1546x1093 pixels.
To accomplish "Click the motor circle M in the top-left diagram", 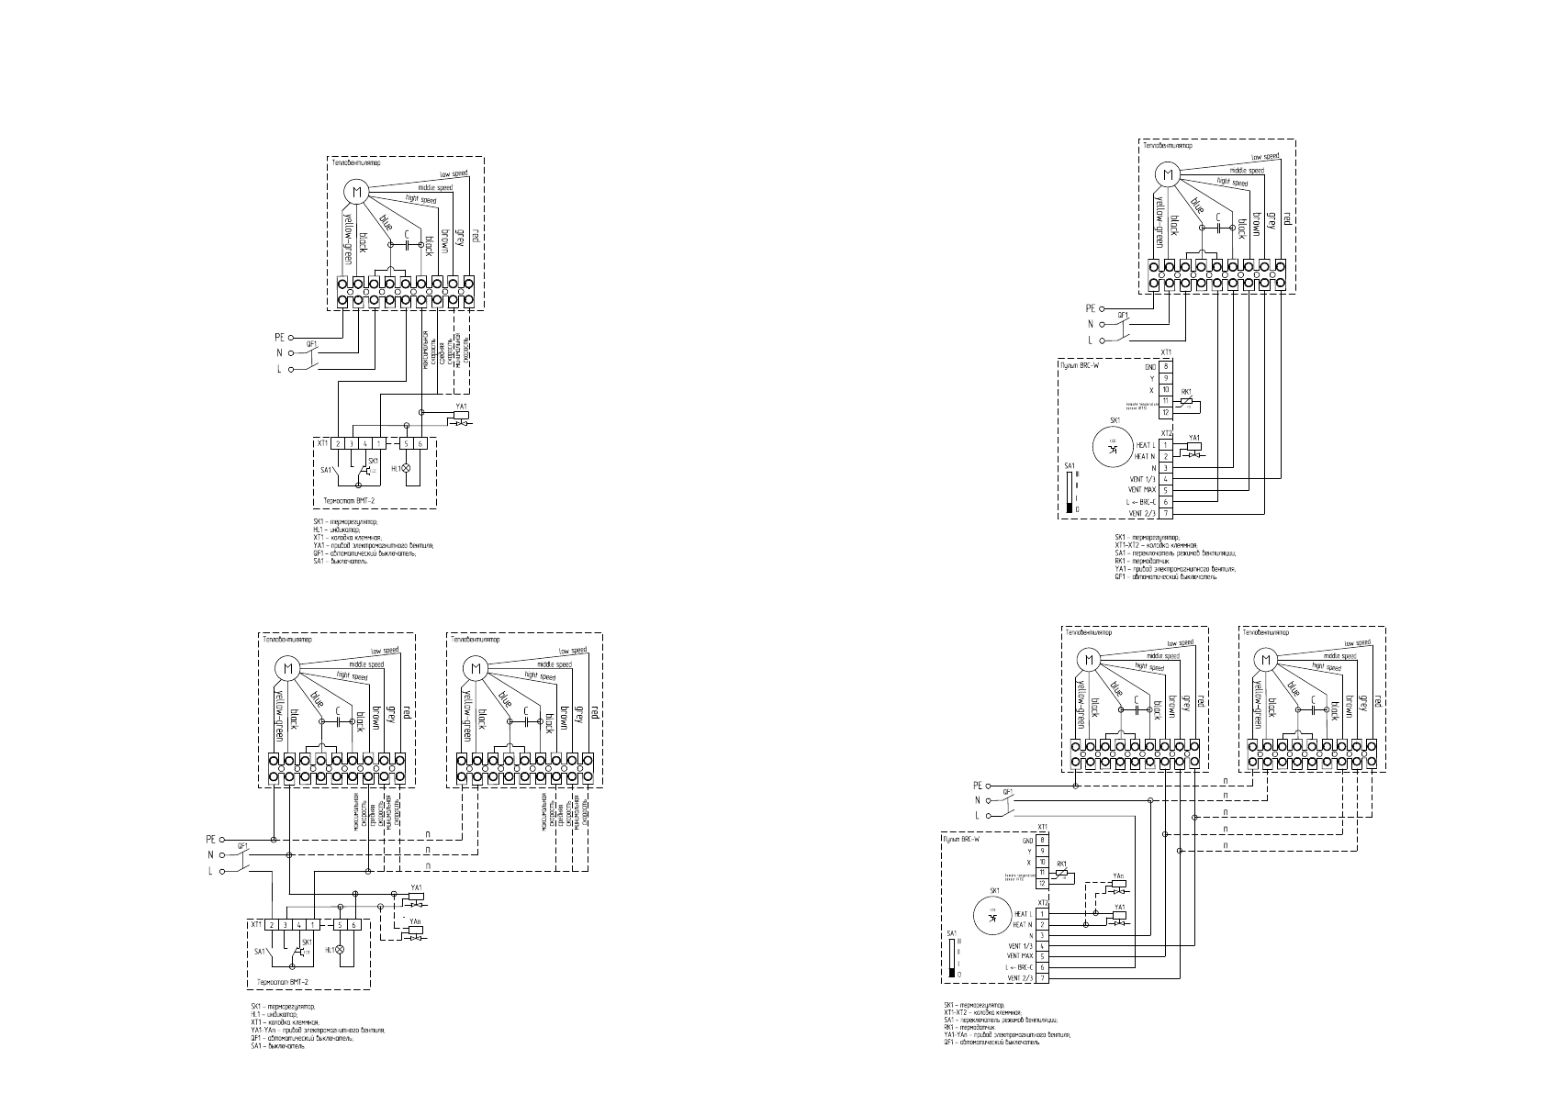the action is click(356, 191).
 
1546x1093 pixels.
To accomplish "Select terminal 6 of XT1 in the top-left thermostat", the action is click(420, 444).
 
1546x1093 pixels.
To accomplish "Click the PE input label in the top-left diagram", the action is click(280, 337).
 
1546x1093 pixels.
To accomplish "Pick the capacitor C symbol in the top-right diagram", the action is click(1217, 228).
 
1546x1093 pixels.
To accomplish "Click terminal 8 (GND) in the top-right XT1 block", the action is click(1165, 366).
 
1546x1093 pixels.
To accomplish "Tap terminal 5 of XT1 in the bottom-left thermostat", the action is click(341, 925).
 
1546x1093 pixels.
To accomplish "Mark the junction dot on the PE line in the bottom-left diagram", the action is click(274, 839).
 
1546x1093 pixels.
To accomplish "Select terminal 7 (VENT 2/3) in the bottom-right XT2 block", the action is click(1043, 978).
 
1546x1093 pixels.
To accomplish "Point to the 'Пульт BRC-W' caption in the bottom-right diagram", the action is click(961, 839).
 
